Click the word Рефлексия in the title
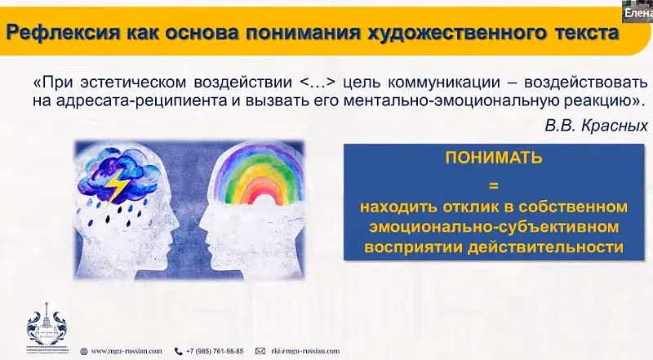[x=58, y=33]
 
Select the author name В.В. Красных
[x=595, y=126]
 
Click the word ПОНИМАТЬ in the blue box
[x=481, y=158]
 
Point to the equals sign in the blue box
[x=481, y=183]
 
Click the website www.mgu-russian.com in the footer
[x=127, y=351]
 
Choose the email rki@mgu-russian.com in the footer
[x=303, y=351]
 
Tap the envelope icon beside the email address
[x=260, y=351]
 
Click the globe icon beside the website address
[x=84, y=351]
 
